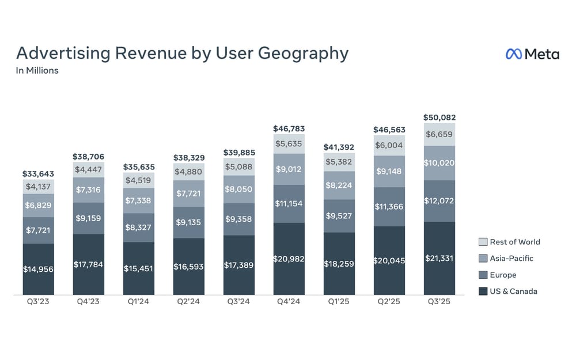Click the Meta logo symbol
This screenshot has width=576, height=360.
coord(513,54)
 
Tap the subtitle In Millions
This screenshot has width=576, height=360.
coord(37,71)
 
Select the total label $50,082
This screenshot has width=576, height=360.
coord(439,118)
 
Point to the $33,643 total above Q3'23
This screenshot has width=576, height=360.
coord(39,174)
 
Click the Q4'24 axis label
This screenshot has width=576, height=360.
coord(289,301)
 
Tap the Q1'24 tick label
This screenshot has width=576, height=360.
coord(139,301)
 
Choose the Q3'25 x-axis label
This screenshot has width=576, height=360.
coord(439,301)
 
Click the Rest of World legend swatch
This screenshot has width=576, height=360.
coord(483,242)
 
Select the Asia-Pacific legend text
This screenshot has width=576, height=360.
coord(511,258)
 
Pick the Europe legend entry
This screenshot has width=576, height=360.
coord(503,275)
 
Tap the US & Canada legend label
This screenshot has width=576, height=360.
coord(513,291)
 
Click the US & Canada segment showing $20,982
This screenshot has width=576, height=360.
coord(289,259)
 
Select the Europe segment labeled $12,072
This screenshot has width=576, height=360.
coord(439,200)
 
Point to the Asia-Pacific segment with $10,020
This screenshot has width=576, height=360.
coord(439,163)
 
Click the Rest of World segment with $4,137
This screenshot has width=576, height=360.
coord(39,187)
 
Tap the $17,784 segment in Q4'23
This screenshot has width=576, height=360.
coord(89,264)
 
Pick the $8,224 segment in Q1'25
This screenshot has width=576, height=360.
coord(339,185)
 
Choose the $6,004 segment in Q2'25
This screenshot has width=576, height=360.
coord(389,146)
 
